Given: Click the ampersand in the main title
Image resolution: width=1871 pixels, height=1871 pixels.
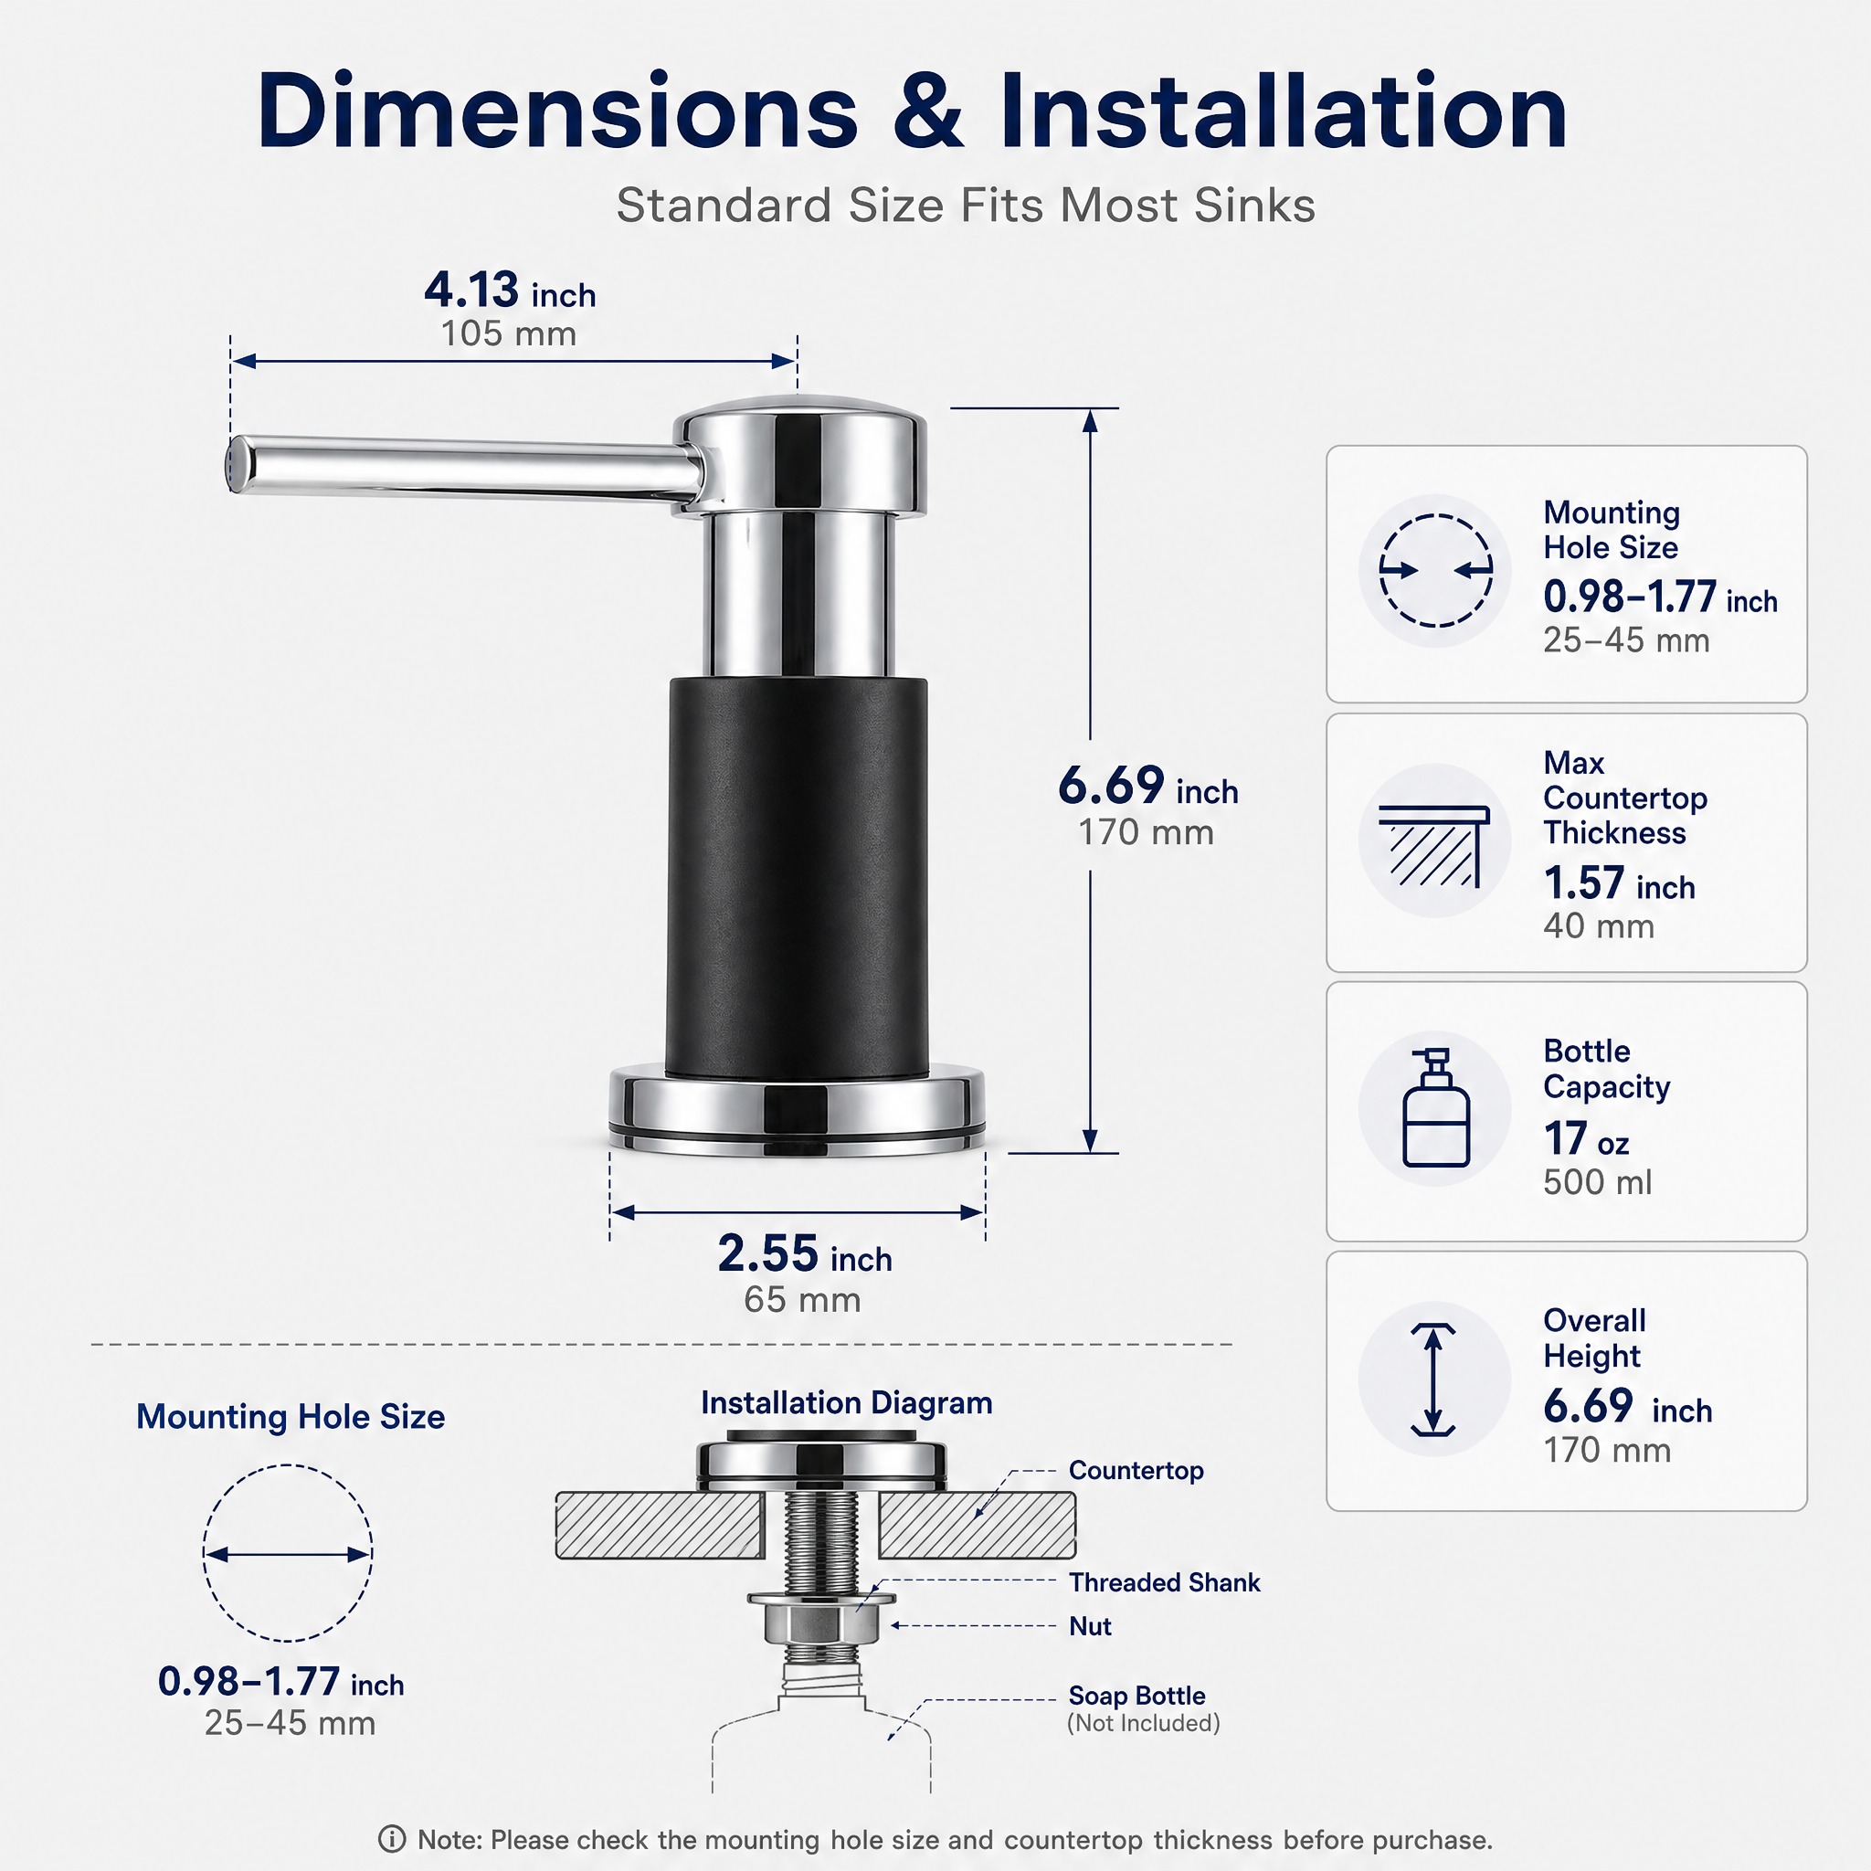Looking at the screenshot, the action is [x=928, y=111].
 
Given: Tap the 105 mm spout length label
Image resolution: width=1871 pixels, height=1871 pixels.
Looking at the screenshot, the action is [x=509, y=334].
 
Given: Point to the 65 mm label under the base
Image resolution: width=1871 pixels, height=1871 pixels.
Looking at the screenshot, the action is [x=802, y=1300].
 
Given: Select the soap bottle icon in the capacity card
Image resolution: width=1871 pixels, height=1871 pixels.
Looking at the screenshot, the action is [x=1436, y=1109].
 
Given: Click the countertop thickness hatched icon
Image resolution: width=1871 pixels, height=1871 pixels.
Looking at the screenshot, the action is [x=1434, y=845].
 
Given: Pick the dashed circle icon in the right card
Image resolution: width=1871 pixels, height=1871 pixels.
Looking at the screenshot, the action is [x=1436, y=570].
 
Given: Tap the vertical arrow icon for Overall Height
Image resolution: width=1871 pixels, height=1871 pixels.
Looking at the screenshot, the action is [x=1434, y=1379].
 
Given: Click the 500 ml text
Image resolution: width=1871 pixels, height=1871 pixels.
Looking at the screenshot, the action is [x=1598, y=1181].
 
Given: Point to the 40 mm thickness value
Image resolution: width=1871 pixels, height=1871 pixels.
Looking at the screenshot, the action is [x=1599, y=925].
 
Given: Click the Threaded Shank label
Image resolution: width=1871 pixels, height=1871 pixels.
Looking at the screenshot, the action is [x=1164, y=1582].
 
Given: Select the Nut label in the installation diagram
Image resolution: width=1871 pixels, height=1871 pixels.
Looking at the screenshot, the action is [x=1090, y=1626].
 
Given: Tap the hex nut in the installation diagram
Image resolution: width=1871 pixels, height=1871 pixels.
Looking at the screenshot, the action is [x=820, y=1623].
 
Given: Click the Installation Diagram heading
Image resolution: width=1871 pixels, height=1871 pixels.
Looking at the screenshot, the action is [x=846, y=1403].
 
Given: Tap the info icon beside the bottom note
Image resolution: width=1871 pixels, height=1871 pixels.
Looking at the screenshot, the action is [x=391, y=1838].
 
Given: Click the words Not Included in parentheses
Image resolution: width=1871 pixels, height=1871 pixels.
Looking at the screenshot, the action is [x=1143, y=1723].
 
